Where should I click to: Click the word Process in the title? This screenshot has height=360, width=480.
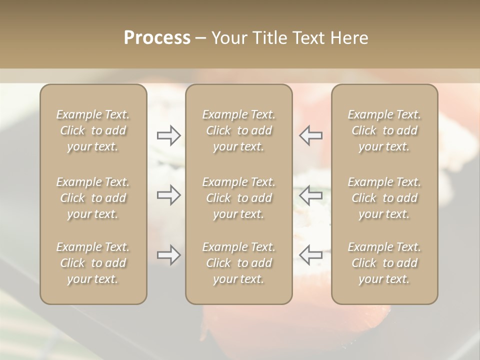click(x=157, y=38)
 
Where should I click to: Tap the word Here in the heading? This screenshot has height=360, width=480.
click(x=348, y=38)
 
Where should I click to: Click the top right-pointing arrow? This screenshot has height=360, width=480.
click(x=169, y=135)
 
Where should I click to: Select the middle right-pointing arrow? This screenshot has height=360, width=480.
click(x=169, y=195)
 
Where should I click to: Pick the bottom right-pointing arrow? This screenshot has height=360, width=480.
click(x=169, y=255)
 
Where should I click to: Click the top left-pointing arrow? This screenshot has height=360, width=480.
click(x=310, y=135)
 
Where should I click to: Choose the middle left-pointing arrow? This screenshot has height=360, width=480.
click(x=310, y=195)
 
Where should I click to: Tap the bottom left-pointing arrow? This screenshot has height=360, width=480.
click(x=310, y=255)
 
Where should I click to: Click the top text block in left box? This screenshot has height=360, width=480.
click(x=93, y=130)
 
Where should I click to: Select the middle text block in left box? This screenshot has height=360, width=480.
click(x=93, y=198)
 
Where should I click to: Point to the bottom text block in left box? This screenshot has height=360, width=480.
click(x=93, y=263)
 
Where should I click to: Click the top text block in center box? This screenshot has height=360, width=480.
click(x=238, y=130)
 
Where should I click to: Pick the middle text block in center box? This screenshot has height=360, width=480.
click(x=238, y=198)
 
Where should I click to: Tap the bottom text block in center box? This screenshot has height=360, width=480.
click(x=238, y=263)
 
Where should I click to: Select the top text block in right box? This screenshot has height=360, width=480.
click(x=384, y=130)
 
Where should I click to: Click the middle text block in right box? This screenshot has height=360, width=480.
click(x=384, y=198)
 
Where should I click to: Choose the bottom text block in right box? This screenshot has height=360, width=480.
click(x=384, y=263)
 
